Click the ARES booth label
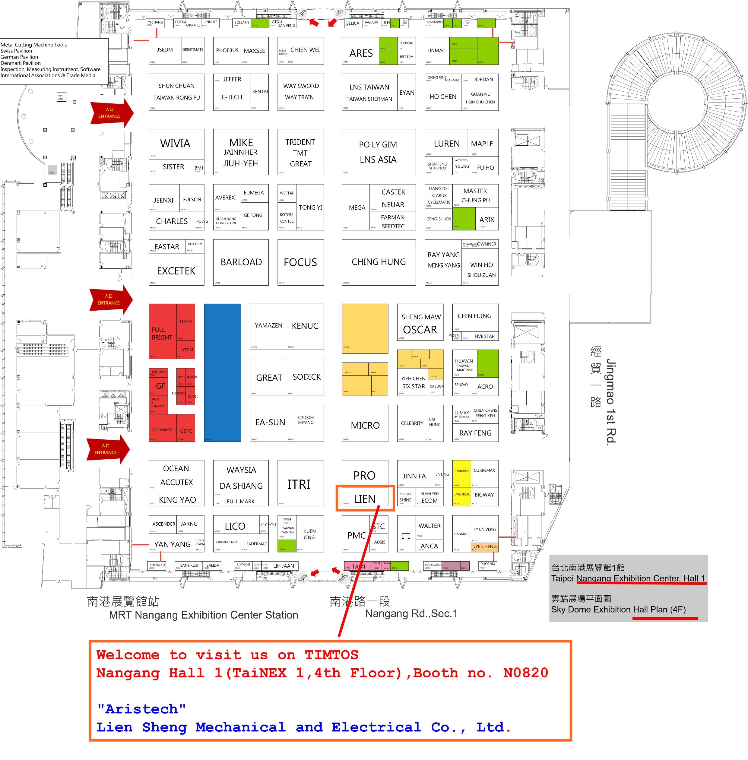click(361, 53)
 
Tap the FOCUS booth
click(300, 262)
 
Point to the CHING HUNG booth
click(378, 262)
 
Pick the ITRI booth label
click(299, 485)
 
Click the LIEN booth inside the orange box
click(365, 499)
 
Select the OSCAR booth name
click(420, 330)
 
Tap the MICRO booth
click(365, 425)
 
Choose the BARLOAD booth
click(241, 262)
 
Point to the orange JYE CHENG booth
click(485, 546)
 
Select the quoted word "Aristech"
click(141, 709)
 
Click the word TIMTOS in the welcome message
click(331, 655)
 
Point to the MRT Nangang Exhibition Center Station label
click(204, 615)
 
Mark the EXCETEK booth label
click(176, 271)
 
